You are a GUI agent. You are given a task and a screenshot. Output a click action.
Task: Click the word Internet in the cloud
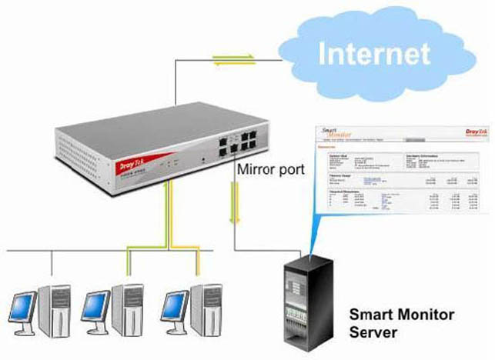coord(373,54)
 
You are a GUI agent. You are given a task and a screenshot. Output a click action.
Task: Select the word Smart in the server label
coord(370,315)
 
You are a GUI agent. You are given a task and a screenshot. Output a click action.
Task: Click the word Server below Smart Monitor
coord(373,333)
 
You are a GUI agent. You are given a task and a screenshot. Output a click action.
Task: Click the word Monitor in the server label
coord(427,315)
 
